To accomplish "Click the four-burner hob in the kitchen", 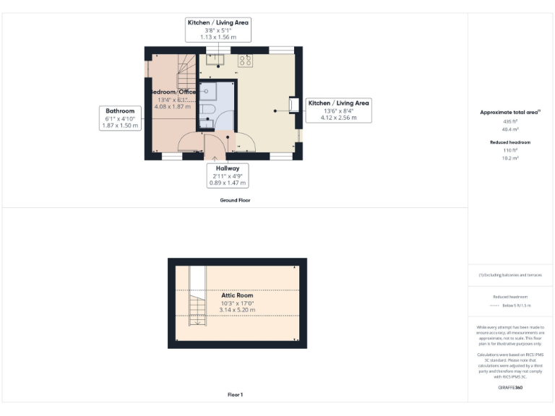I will pyautogui.click(x=245, y=61).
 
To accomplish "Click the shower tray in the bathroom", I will pyautogui.click(x=208, y=90).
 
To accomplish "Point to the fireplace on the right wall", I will pyautogui.click(x=294, y=105).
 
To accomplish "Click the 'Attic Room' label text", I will pyautogui.click(x=237, y=295).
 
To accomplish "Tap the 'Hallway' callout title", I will pyautogui.click(x=227, y=168).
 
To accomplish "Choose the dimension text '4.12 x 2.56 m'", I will pyautogui.click(x=338, y=118).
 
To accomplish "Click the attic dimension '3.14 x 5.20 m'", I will pyautogui.click(x=237, y=310).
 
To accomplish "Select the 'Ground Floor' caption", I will pyautogui.click(x=235, y=200).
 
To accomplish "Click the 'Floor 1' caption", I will pyautogui.click(x=235, y=394).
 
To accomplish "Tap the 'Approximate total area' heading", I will pyautogui.click(x=509, y=112).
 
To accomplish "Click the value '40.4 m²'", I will pyautogui.click(x=510, y=128).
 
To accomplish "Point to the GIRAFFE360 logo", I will pyautogui.click(x=510, y=388).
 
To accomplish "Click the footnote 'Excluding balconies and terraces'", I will pyautogui.click(x=510, y=275).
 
